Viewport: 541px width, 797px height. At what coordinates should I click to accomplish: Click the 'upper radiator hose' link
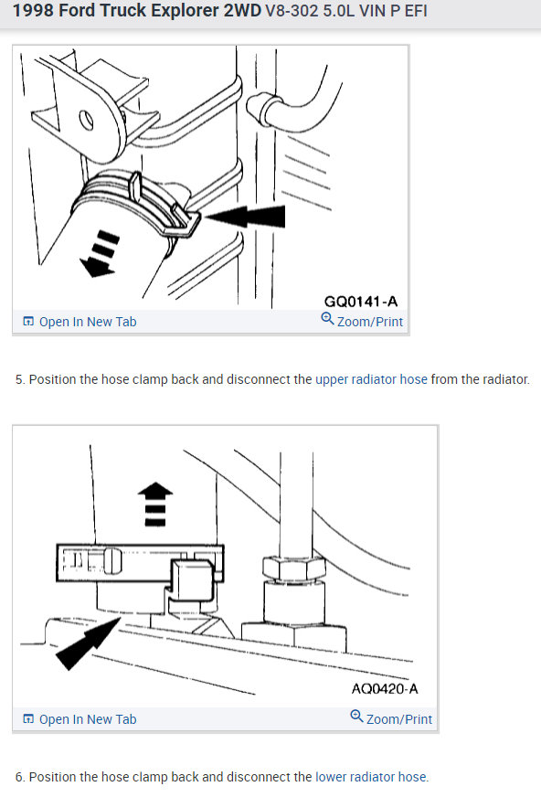[x=371, y=379]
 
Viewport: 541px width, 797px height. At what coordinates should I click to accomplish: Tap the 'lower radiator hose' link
[x=371, y=777]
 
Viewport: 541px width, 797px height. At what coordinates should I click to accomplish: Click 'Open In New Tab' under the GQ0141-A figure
[x=80, y=322]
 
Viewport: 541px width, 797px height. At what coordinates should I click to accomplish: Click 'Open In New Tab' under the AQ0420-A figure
[x=80, y=719]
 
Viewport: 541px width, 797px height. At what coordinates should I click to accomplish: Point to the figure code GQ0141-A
[x=361, y=302]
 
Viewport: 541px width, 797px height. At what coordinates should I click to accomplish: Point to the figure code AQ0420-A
[x=385, y=689]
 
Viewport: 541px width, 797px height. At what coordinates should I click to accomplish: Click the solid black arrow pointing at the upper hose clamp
[x=245, y=217]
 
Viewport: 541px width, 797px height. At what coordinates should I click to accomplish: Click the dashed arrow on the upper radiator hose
[x=101, y=253]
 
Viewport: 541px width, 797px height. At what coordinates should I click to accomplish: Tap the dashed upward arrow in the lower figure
[x=155, y=504]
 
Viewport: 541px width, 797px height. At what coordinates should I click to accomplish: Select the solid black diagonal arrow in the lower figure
[x=88, y=643]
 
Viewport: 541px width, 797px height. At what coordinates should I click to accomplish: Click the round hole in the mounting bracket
[x=86, y=121]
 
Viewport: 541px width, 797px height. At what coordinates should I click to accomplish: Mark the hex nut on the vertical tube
[x=294, y=568]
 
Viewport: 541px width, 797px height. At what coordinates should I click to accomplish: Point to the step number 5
[x=19, y=379]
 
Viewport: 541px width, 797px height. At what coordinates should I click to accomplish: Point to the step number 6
[x=19, y=777]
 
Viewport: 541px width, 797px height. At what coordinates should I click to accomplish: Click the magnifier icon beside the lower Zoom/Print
[x=356, y=717]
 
